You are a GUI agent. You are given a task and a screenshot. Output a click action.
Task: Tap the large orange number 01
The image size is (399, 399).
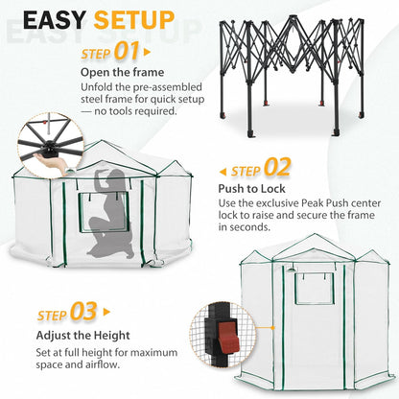click(x=129, y=51)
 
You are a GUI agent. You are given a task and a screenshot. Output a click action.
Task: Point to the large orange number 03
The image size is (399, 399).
click(x=84, y=312)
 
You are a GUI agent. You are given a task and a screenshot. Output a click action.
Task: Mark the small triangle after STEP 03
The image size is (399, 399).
click(x=106, y=313)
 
